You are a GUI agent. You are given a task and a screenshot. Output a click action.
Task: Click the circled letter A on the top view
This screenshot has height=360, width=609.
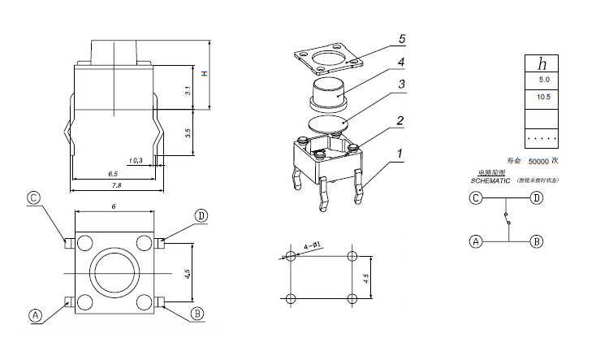[x=35, y=315]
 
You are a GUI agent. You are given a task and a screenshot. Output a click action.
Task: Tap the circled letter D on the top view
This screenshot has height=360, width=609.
[x=201, y=215]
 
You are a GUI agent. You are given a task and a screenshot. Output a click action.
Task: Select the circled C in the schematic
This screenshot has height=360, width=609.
[x=475, y=197]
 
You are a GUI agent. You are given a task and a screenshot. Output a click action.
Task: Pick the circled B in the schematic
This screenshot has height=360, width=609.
[x=536, y=241]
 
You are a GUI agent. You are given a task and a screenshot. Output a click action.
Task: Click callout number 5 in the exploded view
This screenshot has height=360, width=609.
[x=401, y=38]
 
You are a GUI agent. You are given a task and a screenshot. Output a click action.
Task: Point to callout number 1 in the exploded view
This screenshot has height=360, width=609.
[x=400, y=153]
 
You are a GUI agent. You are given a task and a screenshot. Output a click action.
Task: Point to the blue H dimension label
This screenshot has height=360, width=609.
[x=205, y=75]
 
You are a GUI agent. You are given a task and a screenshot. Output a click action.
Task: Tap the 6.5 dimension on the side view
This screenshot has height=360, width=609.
[x=113, y=174]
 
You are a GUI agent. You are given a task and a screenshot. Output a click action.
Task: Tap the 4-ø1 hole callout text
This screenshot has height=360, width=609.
[x=312, y=243]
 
